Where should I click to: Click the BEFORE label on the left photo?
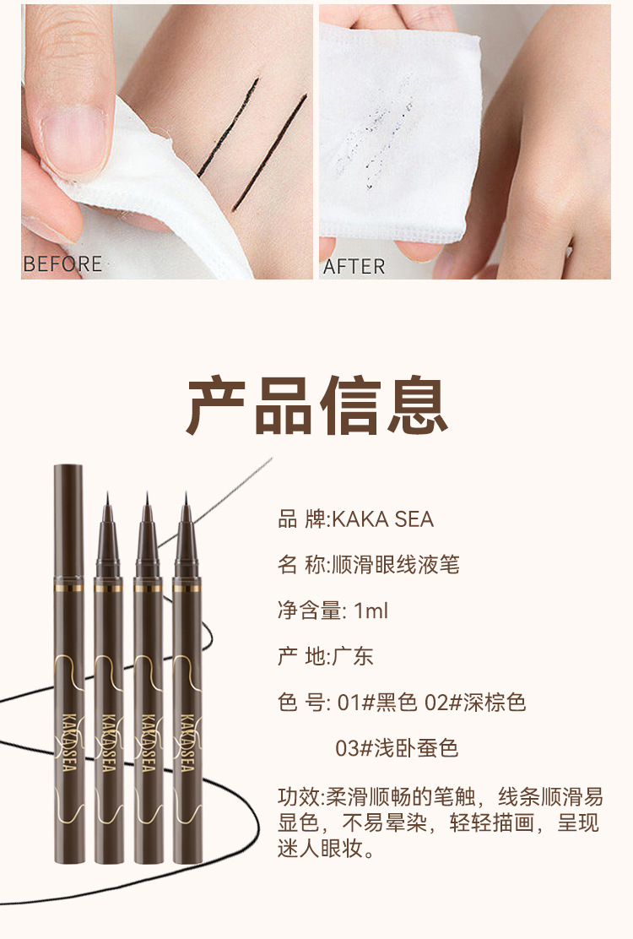(x=62, y=264)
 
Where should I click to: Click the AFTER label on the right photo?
(x=354, y=266)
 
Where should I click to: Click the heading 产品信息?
(x=317, y=405)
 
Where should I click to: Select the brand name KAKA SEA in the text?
(x=383, y=519)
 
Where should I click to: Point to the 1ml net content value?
(x=371, y=611)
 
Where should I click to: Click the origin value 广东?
(x=353, y=656)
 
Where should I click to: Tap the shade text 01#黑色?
(x=377, y=702)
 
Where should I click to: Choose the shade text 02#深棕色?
(x=475, y=702)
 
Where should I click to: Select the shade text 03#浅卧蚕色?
(x=397, y=748)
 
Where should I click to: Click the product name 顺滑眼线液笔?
(x=396, y=565)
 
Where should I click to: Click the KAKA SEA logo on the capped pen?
(x=68, y=742)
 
